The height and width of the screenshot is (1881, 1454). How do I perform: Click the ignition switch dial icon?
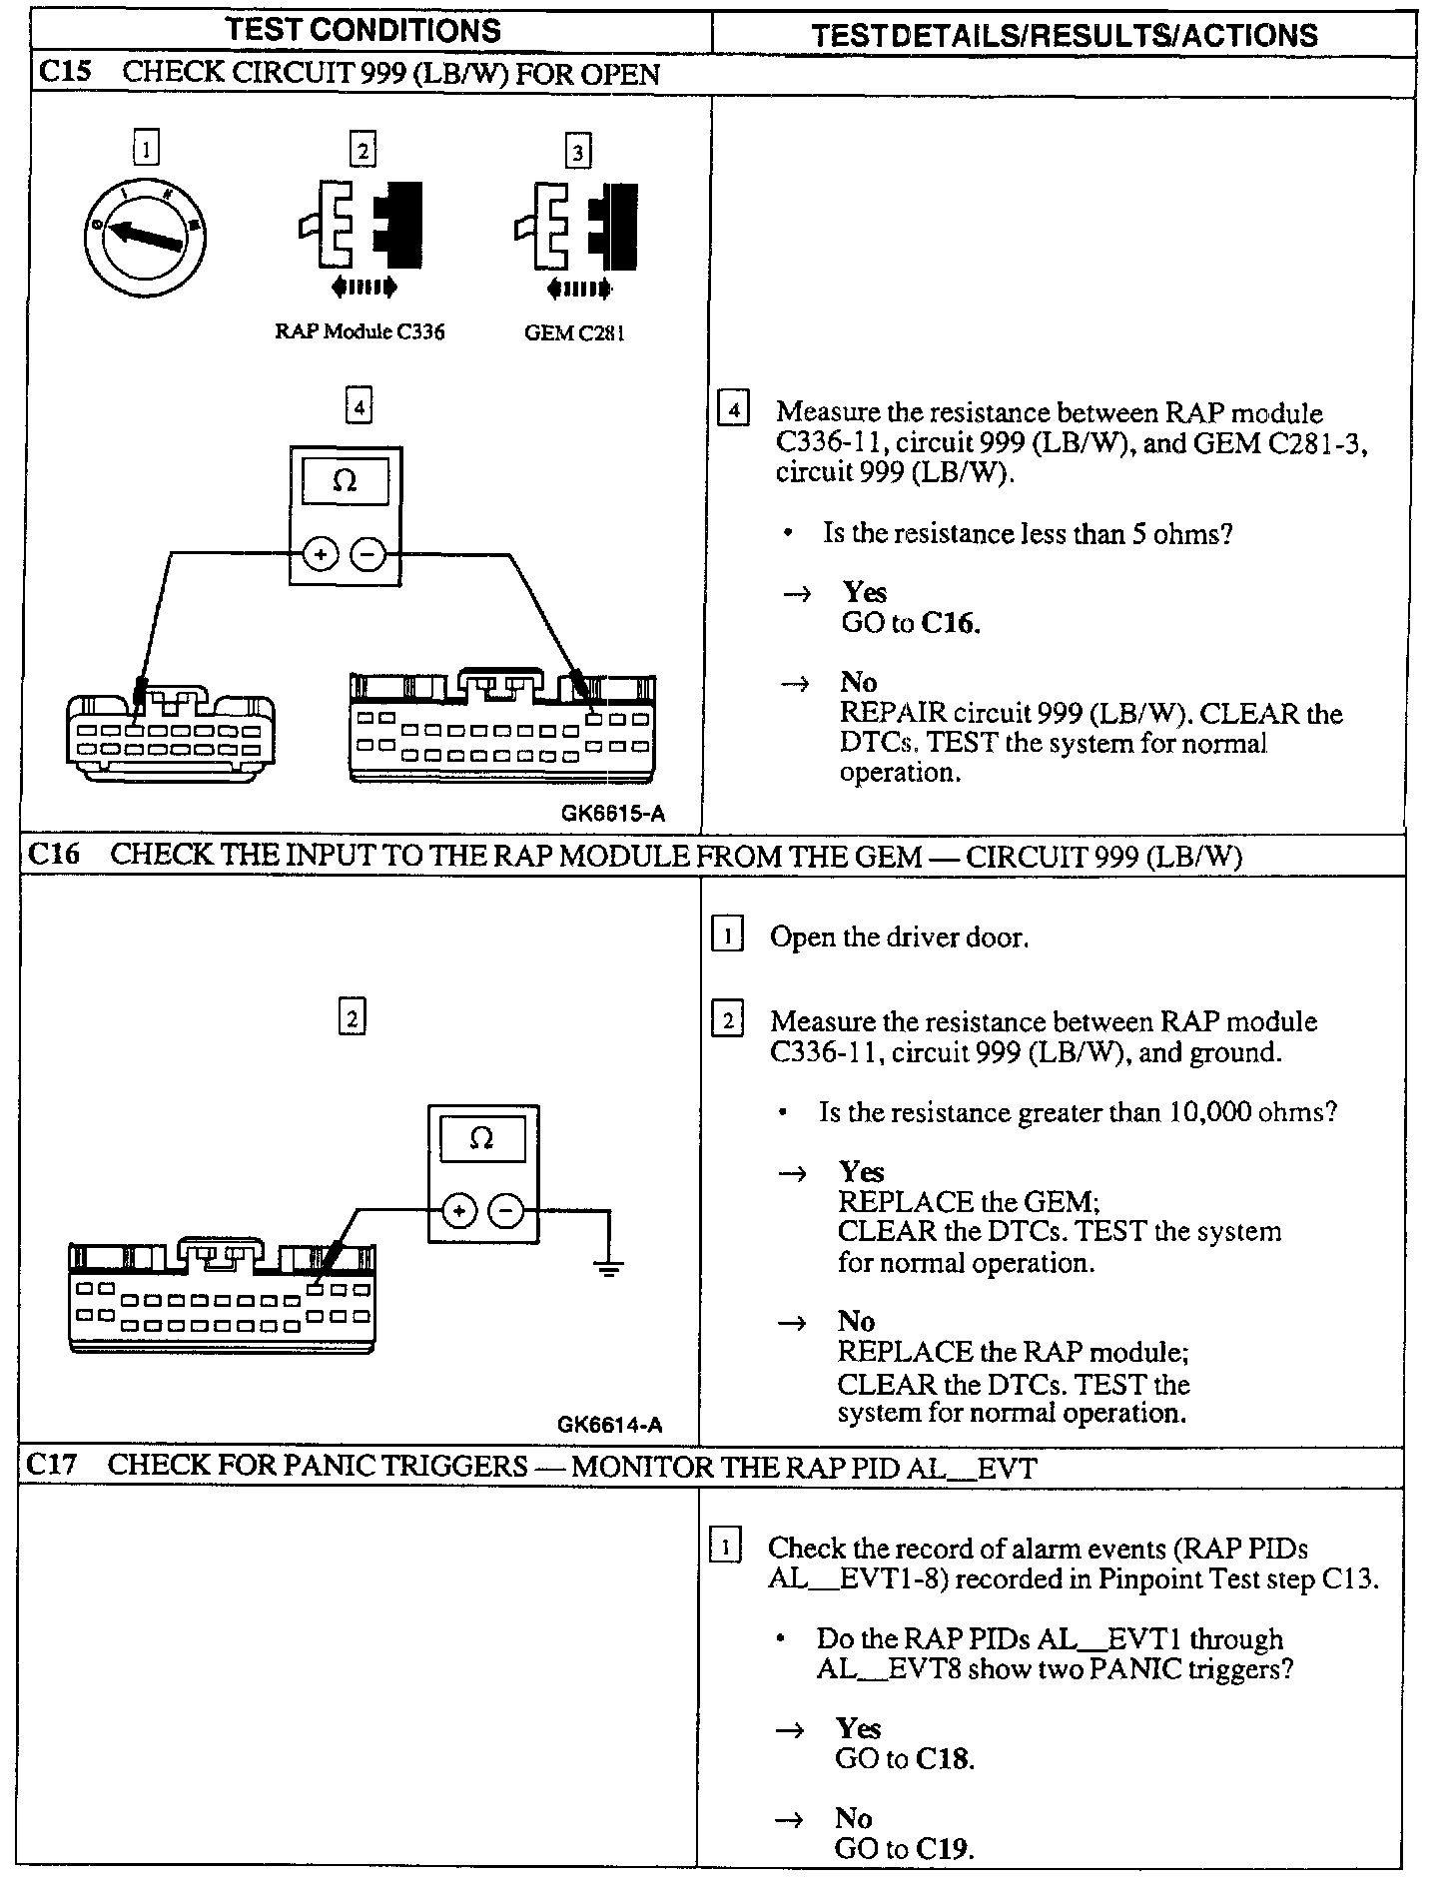pyautogui.click(x=146, y=236)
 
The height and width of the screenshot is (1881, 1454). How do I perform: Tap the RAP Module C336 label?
pyautogui.click(x=360, y=332)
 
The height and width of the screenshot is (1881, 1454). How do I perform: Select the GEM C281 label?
pyautogui.click(x=574, y=333)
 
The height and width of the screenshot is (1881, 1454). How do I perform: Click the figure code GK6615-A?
pyautogui.click(x=612, y=814)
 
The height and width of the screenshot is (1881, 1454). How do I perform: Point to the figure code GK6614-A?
pyautogui.click(x=609, y=1425)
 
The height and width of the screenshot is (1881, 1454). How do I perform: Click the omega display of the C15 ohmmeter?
pyautogui.click(x=345, y=481)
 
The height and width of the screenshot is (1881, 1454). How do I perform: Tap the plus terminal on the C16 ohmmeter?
pyautogui.click(x=458, y=1212)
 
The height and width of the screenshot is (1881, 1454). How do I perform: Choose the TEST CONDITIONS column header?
pyautogui.click(x=363, y=31)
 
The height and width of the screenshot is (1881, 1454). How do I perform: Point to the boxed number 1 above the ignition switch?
pyautogui.click(x=146, y=151)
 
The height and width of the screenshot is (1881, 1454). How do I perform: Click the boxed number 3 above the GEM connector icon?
pyautogui.click(x=577, y=152)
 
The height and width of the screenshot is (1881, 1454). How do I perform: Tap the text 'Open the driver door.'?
pyautogui.click(x=899, y=938)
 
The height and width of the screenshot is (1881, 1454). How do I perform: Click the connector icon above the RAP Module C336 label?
pyautogui.click(x=361, y=225)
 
